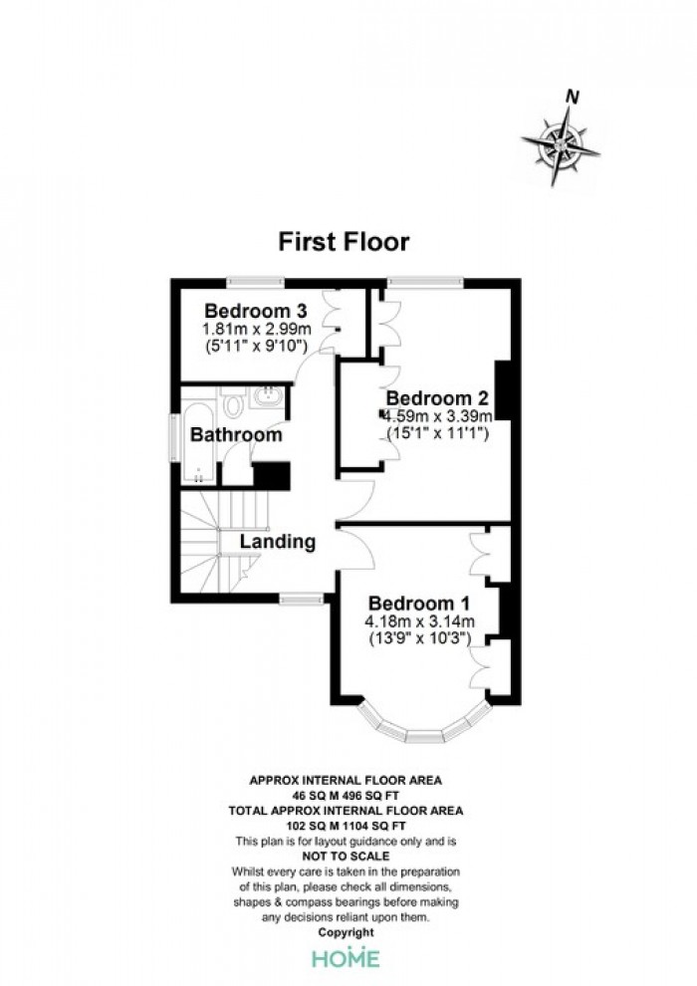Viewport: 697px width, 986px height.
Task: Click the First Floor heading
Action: click(x=344, y=241)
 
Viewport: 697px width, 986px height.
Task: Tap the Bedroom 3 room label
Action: click(x=256, y=311)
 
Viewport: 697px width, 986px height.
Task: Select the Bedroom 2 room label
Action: click(x=437, y=398)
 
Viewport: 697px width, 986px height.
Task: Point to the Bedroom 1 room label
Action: click(x=418, y=603)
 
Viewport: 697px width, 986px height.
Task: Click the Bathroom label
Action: click(x=236, y=434)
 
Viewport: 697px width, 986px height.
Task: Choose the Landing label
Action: click(x=277, y=542)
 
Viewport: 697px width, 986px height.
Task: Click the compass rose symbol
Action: click(x=560, y=146)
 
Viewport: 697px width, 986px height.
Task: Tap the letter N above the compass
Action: click(x=572, y=97)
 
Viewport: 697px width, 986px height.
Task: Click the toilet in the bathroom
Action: click(x=233, y=403)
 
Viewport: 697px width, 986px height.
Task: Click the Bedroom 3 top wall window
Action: click(x=255, y=283)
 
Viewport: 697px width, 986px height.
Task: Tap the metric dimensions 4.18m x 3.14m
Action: click(x=420, y=621)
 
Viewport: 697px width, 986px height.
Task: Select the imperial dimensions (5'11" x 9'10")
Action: click(x=257, y=346)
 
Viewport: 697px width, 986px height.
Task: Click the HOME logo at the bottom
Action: click(x=347, y=958)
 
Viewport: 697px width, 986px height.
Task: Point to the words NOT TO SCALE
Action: click(x=346, y=856)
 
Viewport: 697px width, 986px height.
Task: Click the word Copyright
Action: click(x=347, y=932)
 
